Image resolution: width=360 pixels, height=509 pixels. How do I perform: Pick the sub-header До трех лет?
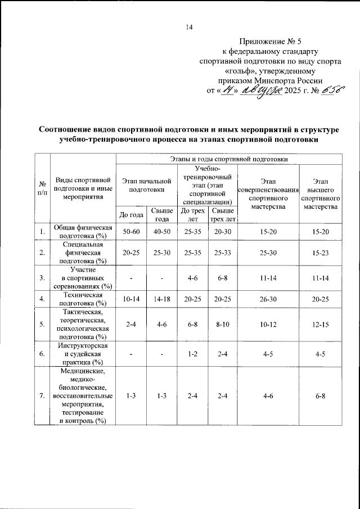coord(192,214)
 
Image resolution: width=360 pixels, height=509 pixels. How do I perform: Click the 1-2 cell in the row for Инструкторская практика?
coord(192,354)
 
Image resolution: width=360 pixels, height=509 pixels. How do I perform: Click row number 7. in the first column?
coord(42,396)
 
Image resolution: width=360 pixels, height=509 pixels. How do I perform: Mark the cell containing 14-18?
coord(161,298)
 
